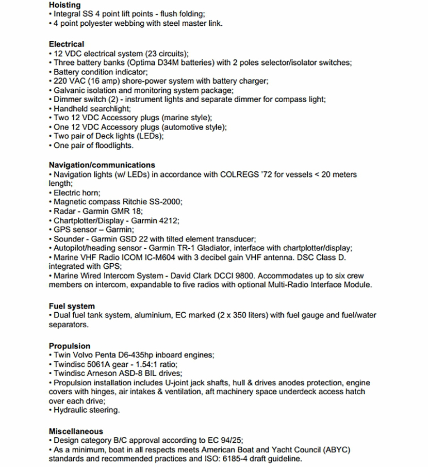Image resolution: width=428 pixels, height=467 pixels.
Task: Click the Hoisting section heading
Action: (x=64, y=5)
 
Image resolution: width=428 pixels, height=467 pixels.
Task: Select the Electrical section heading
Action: (x=67, y=44)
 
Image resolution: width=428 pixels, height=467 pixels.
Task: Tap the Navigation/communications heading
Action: (x=102, y=165)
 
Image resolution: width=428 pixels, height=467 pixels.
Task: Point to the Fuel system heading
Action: (x=72, y=306)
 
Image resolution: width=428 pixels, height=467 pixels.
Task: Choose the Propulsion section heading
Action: (x=70, y=346)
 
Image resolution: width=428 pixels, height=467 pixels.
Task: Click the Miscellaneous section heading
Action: (x=76, y=431)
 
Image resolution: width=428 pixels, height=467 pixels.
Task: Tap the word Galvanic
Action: (x=70, y=91)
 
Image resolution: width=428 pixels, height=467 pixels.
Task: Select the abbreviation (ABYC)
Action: (x=335, y=449)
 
